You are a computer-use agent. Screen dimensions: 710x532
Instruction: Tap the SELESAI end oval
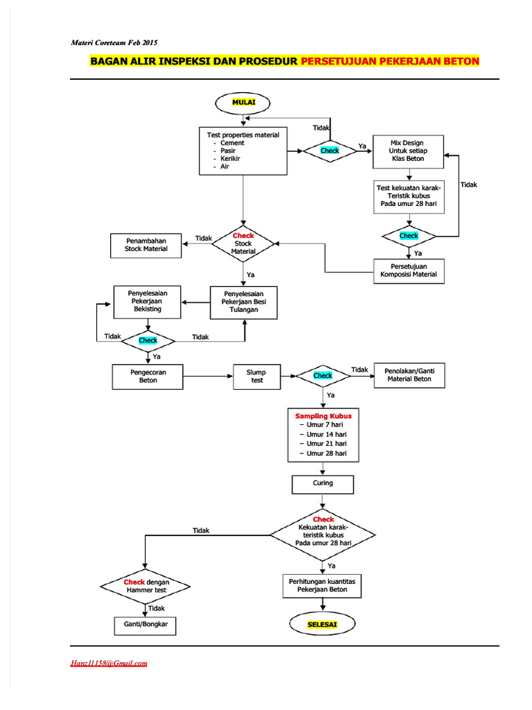322,624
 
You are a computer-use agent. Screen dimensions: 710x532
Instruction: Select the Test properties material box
243,150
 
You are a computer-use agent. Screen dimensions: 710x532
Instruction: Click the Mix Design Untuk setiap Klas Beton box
407,151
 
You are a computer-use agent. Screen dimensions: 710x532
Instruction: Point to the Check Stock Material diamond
243,243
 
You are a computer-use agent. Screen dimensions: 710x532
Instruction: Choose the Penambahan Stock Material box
146,245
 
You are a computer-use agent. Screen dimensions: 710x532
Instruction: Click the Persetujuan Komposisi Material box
409,270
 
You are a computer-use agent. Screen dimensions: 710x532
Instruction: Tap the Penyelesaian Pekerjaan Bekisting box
148,301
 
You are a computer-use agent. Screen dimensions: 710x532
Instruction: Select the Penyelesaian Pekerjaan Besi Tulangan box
244,302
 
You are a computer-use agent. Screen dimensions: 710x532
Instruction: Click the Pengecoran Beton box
148,376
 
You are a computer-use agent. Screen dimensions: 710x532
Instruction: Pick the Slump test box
256,376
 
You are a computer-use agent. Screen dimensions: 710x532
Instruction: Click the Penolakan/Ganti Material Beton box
409,375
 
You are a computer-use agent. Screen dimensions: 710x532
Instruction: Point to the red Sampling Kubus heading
323,416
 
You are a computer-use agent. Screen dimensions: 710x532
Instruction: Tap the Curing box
323,483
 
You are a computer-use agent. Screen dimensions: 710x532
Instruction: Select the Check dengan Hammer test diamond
146,586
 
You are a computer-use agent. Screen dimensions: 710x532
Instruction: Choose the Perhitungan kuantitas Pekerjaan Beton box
322,585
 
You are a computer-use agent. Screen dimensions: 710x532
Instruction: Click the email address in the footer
109,663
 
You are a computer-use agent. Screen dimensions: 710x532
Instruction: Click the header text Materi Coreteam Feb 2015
114,43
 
